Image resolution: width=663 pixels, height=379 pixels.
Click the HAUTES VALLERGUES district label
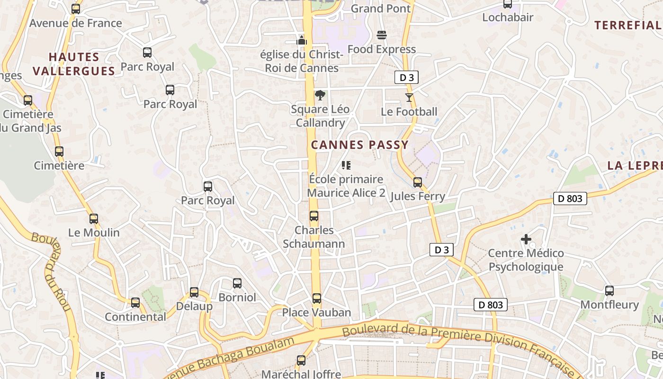tap(74, 64)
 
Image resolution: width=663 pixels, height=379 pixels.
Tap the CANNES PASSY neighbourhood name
tap(359, 145)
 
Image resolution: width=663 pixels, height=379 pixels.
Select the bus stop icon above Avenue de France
tap(76, 9)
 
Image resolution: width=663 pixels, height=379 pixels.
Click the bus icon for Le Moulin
tap(94, 219)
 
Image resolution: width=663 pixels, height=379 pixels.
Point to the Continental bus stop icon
tap(135, 302)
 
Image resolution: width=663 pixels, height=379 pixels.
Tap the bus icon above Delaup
tap(194, 292)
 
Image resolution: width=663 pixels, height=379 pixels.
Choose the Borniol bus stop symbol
tap(237, 283)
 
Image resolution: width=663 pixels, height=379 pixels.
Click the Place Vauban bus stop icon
tap(317, 298)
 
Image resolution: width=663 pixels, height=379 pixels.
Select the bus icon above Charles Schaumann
tap(314, 216)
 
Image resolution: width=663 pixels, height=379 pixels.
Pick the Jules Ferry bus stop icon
tap(418, 182)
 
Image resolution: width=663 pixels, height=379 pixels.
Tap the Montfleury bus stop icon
tap(609, 290)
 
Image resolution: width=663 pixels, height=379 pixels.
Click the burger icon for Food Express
tap(382, 35)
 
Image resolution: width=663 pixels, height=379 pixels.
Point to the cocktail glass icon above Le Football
tap(409, 98)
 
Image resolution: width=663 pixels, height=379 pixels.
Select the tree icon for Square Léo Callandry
tap(320, 95)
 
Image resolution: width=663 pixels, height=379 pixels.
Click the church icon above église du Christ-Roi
tap(302, 40)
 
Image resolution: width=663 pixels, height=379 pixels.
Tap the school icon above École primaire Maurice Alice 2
tap(346, 165)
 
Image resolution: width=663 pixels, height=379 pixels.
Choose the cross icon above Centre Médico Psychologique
tap(526, 239)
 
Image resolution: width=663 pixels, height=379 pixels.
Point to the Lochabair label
tap(508, 18)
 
